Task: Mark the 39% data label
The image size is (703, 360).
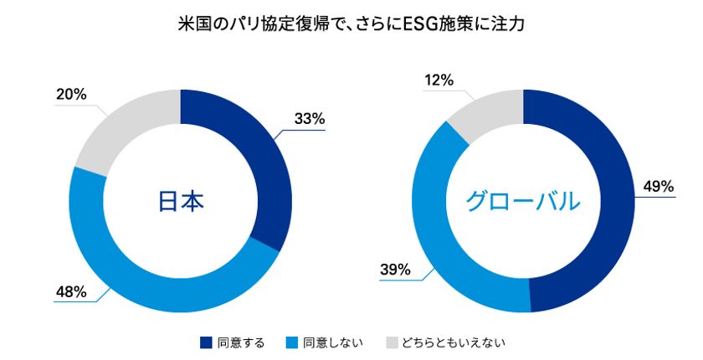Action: pos(394,270)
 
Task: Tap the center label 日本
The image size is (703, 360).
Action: pos(181,201)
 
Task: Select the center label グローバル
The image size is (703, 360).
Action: pos(523,201)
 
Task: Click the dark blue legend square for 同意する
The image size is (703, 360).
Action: pos(206,342)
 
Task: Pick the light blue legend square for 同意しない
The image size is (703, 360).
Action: pos(291,342)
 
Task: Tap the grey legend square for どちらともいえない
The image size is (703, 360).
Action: pos(392,342)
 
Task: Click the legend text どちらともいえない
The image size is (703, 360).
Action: pos(454,342)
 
